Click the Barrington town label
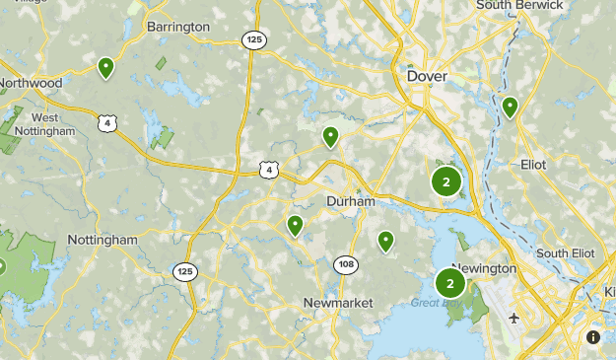click(177, 27)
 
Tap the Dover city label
click(427, 76)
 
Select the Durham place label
click(351, 201)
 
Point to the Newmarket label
click(338, 303)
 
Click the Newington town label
click(484, 269)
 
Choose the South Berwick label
click(519, 6)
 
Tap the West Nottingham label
click(39, 124)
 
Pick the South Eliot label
click(566, 253)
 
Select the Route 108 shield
click(346, 264)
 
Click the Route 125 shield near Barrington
click(253, 38)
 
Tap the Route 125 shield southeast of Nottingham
click(184, 270)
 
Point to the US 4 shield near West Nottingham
click(108, 123)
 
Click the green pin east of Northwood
click(105, 67)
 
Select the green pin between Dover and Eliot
click(510, 107)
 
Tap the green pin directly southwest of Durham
click(295, 226)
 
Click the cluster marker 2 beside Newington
click(450, 284)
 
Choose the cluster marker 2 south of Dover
click(446, 182)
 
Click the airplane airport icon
click(514, 319)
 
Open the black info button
click(593, 337)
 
